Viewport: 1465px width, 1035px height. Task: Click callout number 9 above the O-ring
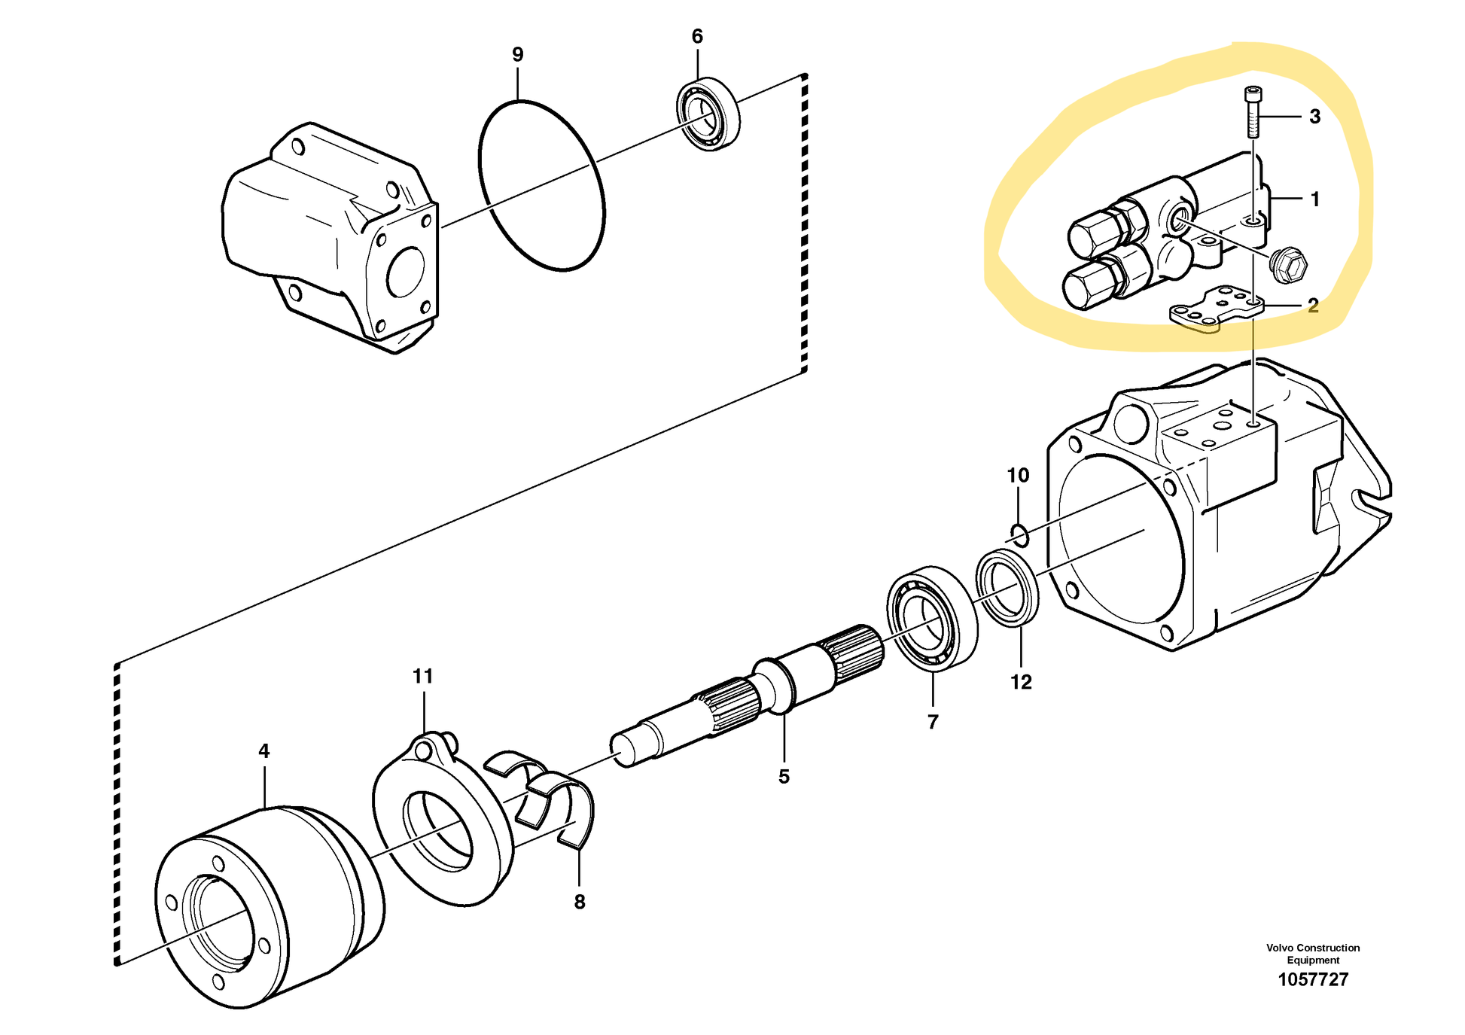(517, 54)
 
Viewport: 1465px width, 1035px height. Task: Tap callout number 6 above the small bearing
(697, 36)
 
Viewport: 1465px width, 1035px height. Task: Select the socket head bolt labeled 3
(1253, 113)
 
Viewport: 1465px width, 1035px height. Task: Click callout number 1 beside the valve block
(1314, 199)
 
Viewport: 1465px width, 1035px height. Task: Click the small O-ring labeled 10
(1019, 535)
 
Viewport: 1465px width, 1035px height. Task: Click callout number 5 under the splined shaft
(784, 777)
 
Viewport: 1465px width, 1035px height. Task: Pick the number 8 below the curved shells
(579, 902)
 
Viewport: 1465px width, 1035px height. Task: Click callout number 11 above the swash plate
(423, 676)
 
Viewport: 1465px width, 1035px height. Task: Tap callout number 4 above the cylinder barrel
(263, 750)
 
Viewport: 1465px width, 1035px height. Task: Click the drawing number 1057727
(1313, 979)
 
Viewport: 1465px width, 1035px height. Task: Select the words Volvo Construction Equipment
(1313, 954)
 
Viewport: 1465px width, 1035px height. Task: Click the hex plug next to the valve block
(1287, 264)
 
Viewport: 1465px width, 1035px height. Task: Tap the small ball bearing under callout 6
(708, 114)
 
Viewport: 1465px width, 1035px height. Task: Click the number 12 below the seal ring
(1021, 682)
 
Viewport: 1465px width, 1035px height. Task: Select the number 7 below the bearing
(933, 722)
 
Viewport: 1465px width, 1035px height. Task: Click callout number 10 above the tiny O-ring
(1018, 476)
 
